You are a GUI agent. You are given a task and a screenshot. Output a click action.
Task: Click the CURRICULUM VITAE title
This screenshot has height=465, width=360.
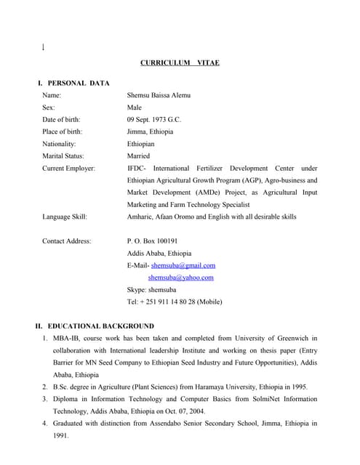180,63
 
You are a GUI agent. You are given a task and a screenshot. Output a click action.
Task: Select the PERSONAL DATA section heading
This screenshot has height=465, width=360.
78,84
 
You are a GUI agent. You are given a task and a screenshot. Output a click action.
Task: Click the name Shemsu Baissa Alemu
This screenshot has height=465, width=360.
159,95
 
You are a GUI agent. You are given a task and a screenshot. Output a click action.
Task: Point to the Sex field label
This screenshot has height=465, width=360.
49,107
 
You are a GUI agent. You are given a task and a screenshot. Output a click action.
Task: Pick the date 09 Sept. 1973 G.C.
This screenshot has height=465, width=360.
154,119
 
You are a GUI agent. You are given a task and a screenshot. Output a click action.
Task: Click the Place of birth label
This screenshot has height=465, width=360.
63,132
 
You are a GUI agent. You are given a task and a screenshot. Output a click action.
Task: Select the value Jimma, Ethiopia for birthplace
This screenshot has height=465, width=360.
151,132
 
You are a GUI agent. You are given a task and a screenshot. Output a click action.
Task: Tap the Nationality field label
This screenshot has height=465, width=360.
60,144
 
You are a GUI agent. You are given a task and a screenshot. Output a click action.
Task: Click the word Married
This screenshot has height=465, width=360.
138,155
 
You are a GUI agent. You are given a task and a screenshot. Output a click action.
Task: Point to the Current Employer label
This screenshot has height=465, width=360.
69,168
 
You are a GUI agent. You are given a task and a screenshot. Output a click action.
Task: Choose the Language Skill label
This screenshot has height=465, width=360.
65,217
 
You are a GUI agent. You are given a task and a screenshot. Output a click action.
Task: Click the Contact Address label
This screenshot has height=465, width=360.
67,240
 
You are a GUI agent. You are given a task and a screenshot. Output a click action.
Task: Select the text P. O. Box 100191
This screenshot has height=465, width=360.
153,240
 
